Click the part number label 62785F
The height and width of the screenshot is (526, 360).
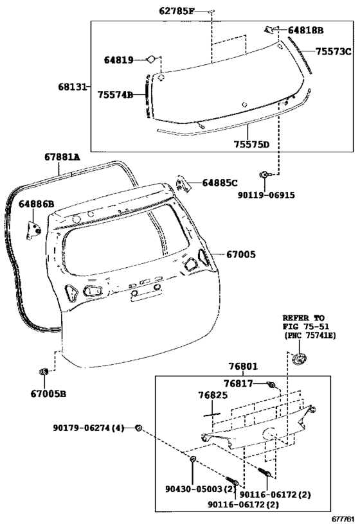pos(177,12)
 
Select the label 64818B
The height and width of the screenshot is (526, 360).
pos(305,31)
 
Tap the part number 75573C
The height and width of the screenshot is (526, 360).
pos(333,51)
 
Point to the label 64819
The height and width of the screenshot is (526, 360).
pos(118,60)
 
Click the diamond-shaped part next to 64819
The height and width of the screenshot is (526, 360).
pos(151,59)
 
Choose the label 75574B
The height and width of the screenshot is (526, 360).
pos(115,95)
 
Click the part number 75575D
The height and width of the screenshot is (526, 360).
pos(252,145)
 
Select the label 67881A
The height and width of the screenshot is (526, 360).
pos(62,157)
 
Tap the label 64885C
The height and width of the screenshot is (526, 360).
pos(220,183)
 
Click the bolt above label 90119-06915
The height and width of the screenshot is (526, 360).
pos(264,175)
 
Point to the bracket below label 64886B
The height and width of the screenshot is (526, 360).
pos(33,229)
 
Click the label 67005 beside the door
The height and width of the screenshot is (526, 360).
pos(241,254)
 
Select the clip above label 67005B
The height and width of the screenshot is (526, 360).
pos(44,372)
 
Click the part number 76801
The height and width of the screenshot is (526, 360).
pos(244,366)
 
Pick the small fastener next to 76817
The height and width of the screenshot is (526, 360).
pos(271,384)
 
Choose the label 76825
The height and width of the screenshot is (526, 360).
pos(213,395)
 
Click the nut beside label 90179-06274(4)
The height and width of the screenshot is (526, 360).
pos(138,427)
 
